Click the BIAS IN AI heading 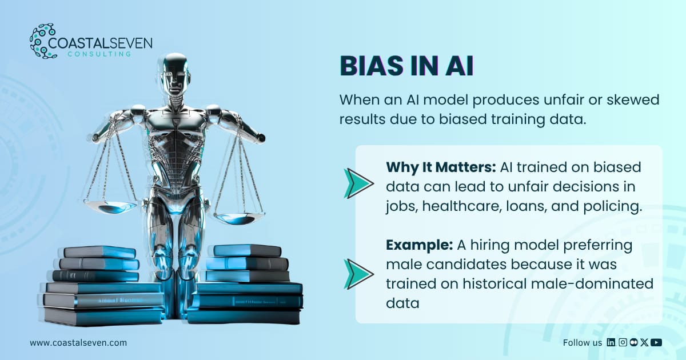pyautogui.click(x=406, y=66)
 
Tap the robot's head pyautogui.click(x=174, y=75)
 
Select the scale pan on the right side pyautogui.click(x=239, y=218)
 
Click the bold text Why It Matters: pyautogui.click(x=441, y=167)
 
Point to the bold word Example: pyautogui.click(x=419, y=245)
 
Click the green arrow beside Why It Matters pyautogui.click(x=358, y=183)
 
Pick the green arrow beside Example pyautogui.click(x=358, y=274)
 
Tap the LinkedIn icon pyautogui.click(x=611, y=342)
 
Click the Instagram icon pyautogui.click(x=623, y=342)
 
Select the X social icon pyautogui.click(x=644, y=342)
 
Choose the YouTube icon pyautogui.click(x=656, y=342)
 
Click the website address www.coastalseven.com pyautogui.click(x=78, y=342)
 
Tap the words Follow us pyautogui.click(x=582, y=342)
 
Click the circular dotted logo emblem pyautogui.click(x=42, y=41)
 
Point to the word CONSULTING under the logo pyautogui.click(x=99, y=54)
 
